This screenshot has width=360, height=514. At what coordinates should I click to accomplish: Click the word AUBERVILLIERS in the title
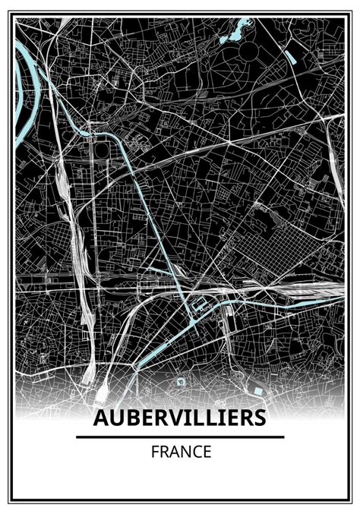[180, 419]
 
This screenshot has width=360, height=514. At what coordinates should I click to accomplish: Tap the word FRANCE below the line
[180, 453]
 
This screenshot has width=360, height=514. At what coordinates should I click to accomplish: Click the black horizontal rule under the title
[180, 437]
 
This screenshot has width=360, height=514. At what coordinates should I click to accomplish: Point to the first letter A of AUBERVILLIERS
[100, 419]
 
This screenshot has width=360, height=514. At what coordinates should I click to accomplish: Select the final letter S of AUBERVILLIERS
[260, 419]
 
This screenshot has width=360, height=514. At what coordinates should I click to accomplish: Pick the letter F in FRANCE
[154, 453]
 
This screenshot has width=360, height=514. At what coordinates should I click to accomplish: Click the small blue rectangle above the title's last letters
[257, 390]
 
